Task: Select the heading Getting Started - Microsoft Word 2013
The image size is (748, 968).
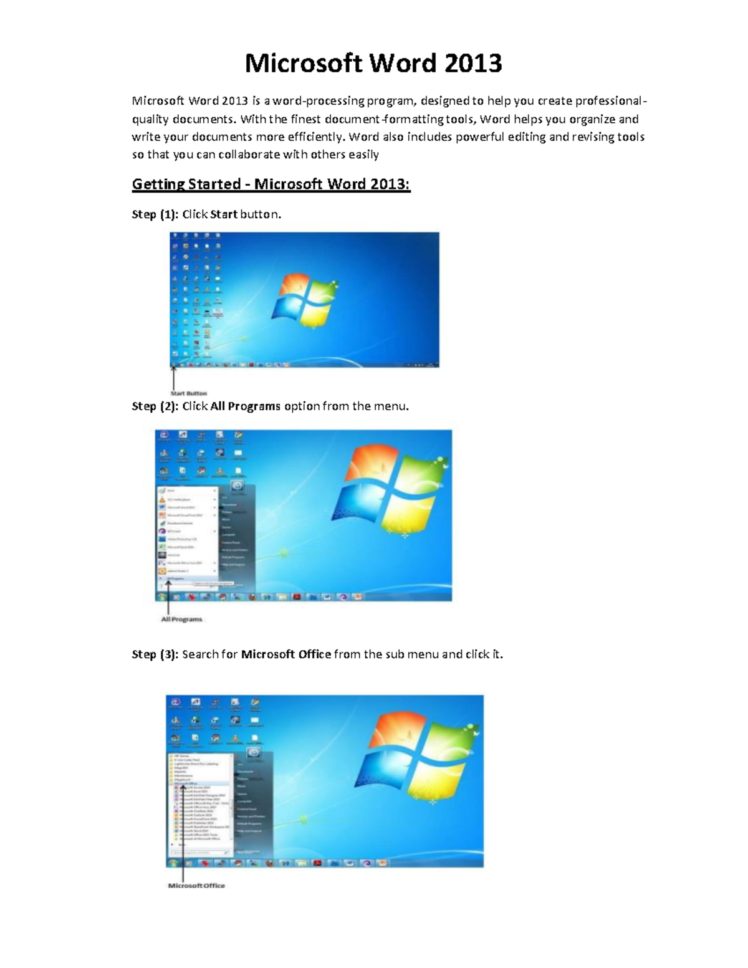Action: (x=271, y=184)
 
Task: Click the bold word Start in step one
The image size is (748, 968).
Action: (x=224, y=214)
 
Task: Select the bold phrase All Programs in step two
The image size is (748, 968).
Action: (x=246, y=406)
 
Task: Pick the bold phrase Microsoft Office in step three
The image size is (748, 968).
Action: (x=286, y=654)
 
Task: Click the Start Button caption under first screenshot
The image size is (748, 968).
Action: (x=188, y=393)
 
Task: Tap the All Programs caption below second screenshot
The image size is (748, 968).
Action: (x=182, y=620)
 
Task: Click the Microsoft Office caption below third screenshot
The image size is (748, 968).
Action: (x=196, y=886)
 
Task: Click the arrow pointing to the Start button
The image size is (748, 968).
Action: (x=173, y=378)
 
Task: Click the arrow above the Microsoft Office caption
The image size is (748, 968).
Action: (x=182, y=835)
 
